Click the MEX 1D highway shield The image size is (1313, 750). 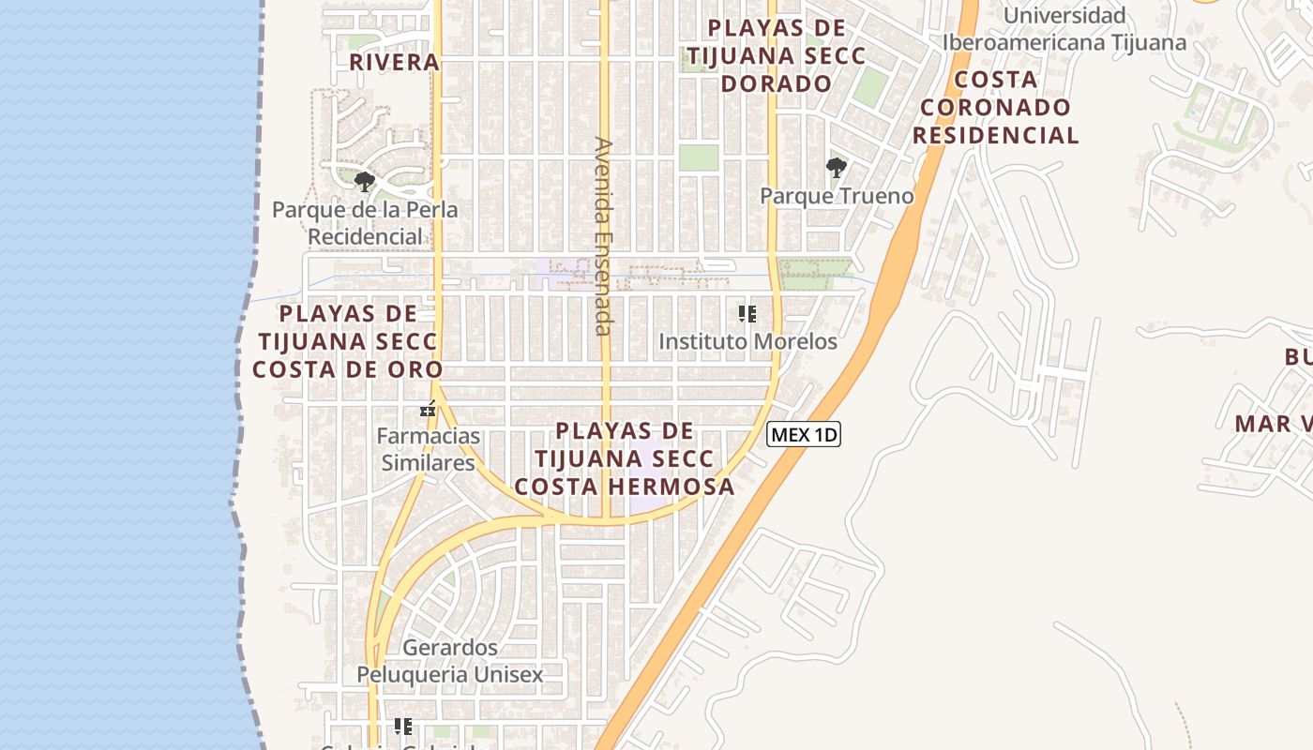point(804,435)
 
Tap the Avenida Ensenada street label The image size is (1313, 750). point(603,236)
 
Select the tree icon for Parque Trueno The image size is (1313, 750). point(836,169)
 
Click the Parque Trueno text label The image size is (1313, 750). point(837,196)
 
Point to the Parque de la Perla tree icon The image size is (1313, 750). point(365,182)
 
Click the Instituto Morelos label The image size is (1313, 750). point(747,341)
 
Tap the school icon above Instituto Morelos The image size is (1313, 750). point(747,314)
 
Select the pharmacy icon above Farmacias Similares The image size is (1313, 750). point(429,410)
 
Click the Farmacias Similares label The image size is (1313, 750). point(429,449)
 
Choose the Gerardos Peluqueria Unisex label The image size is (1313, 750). point(449,661)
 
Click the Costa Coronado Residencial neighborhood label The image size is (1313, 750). point(996,107)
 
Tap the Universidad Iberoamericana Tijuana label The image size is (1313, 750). point(1064,29)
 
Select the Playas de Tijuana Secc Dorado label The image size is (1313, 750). point(776,56)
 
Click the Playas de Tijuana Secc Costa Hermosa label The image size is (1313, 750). point(625,459)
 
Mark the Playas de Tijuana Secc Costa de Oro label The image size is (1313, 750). point(347,341)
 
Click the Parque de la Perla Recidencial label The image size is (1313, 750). point(365,222)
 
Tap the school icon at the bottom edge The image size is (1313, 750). point(403,727)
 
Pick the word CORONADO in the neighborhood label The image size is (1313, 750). point(996,107)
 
